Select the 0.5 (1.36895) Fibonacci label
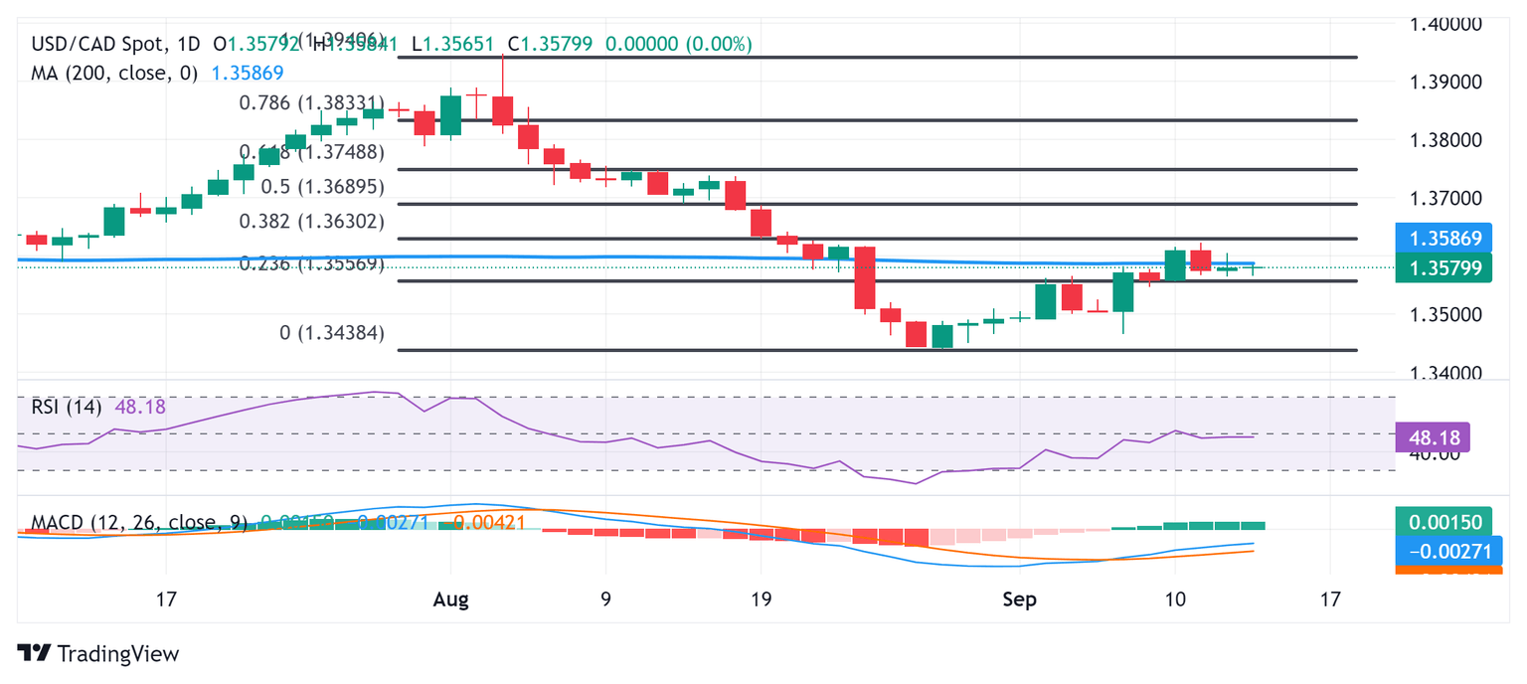pyautogui.click(x=322, y=187)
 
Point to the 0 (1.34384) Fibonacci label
pyautogui.click(x=332, y=333)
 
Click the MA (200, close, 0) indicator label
pyautogui.click(x=114, y=73)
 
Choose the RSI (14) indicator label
pyautogui.click(x=66, y=407)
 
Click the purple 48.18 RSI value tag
pyautogui.click(x=1432, y=436)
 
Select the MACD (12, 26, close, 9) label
pyautogui.click(x=139, y=523)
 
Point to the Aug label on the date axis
pyautogui.click(x=450, y=599)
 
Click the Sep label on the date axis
pyautogui.click(x=1019, y=599)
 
